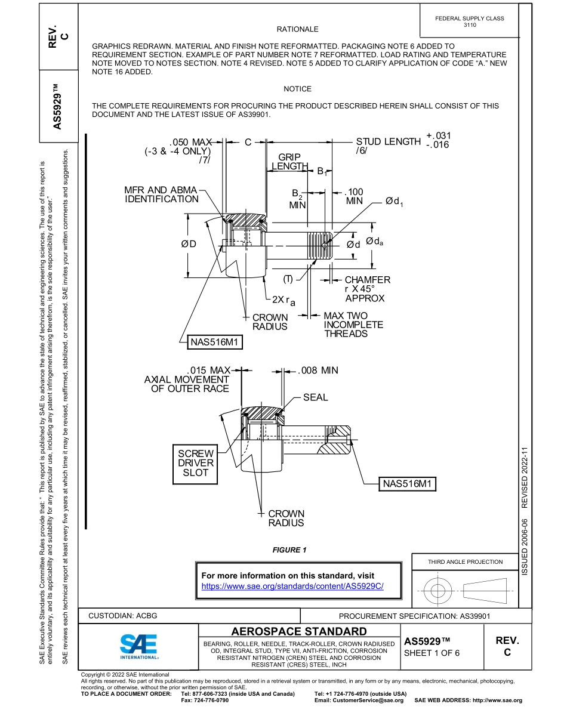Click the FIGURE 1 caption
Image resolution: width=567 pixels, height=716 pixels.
click(289, 550)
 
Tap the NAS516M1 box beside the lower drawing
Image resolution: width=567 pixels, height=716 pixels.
click(408, 483)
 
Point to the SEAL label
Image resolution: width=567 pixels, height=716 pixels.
click(315, 397)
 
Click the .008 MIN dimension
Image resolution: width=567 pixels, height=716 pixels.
click(318, 371)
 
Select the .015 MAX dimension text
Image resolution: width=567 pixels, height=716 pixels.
click(208, 371)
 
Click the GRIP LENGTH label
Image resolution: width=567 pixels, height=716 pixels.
click(289, 162)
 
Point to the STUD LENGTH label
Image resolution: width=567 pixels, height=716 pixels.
click(388, 142)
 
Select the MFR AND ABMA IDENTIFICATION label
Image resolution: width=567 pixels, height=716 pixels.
click(162, 195)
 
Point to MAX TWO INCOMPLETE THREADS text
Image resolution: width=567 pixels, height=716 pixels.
click(353, 325)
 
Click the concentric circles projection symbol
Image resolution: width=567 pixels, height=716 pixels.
click(438, 591)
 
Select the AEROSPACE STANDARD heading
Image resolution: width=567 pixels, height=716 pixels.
click(298, 631)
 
